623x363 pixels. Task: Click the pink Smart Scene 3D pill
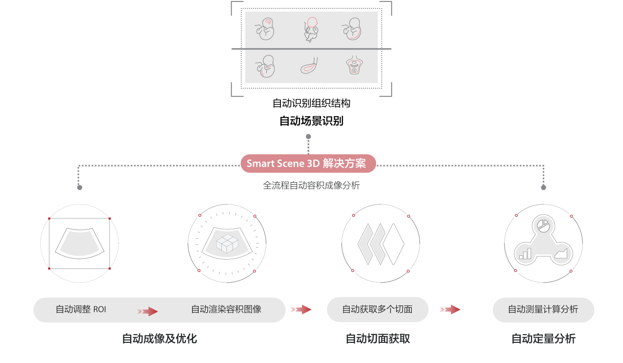[x=308, y=164]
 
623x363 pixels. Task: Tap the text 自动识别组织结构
[x=311, y=103]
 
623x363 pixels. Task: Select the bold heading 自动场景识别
[x=311, y=121]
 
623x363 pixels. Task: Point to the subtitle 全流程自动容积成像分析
[x=311, y=186]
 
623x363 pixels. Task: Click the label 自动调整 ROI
[x=81, y=310]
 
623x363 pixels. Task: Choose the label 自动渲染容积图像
[x=226, y=310]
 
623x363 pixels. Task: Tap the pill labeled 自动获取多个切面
[x=377, y=310]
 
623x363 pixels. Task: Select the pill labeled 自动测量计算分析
[x=543, y=310]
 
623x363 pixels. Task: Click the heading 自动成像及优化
[x=160, y=339]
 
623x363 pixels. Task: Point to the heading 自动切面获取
[x=378, y=339]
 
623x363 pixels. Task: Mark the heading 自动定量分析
[x=544, y=339]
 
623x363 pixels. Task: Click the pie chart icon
[x=543, y=225]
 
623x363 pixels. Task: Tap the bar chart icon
[x=525, y=253]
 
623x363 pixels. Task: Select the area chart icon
[x=561, y=253]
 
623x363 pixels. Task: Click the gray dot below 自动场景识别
[x=308, y=137]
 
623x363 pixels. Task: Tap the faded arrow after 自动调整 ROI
[x=148, y=311]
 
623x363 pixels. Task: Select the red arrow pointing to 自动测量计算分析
[x=450, y=310]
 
